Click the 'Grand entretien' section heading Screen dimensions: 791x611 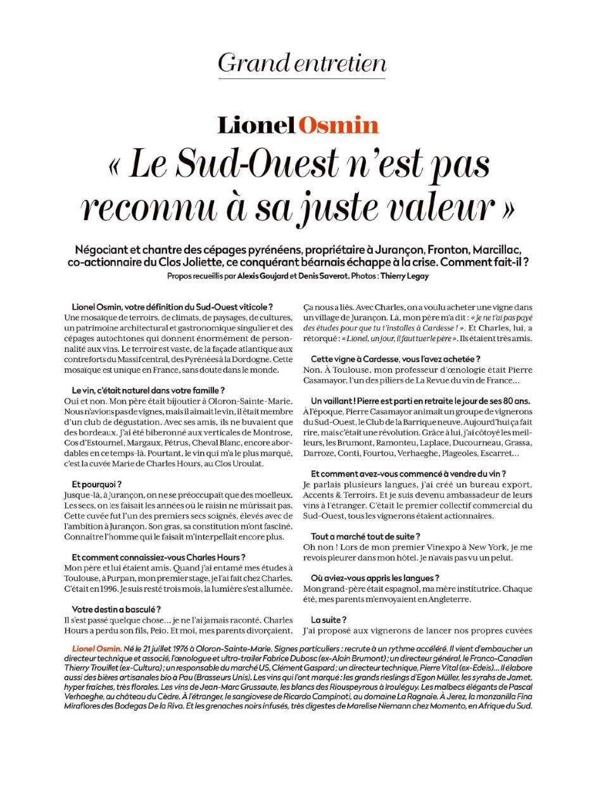pos(302,63)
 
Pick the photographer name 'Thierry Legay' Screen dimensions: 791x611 pos(405,276)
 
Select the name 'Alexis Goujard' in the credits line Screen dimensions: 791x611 pos(262,276)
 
